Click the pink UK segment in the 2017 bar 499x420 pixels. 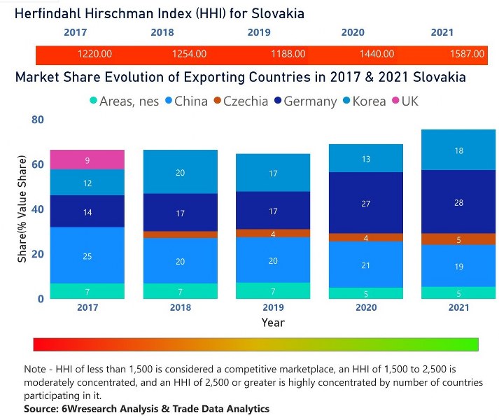pos(87,160)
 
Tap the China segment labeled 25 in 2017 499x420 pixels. pos(87,255)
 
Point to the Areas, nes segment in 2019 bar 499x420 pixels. pos(273,290)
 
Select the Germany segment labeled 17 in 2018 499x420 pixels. pos(180,213)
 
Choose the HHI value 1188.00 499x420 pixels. pos(288,54)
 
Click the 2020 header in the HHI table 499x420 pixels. pos(353,32)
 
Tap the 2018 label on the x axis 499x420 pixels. pos(180,307)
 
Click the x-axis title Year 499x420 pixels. pos(272,323)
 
